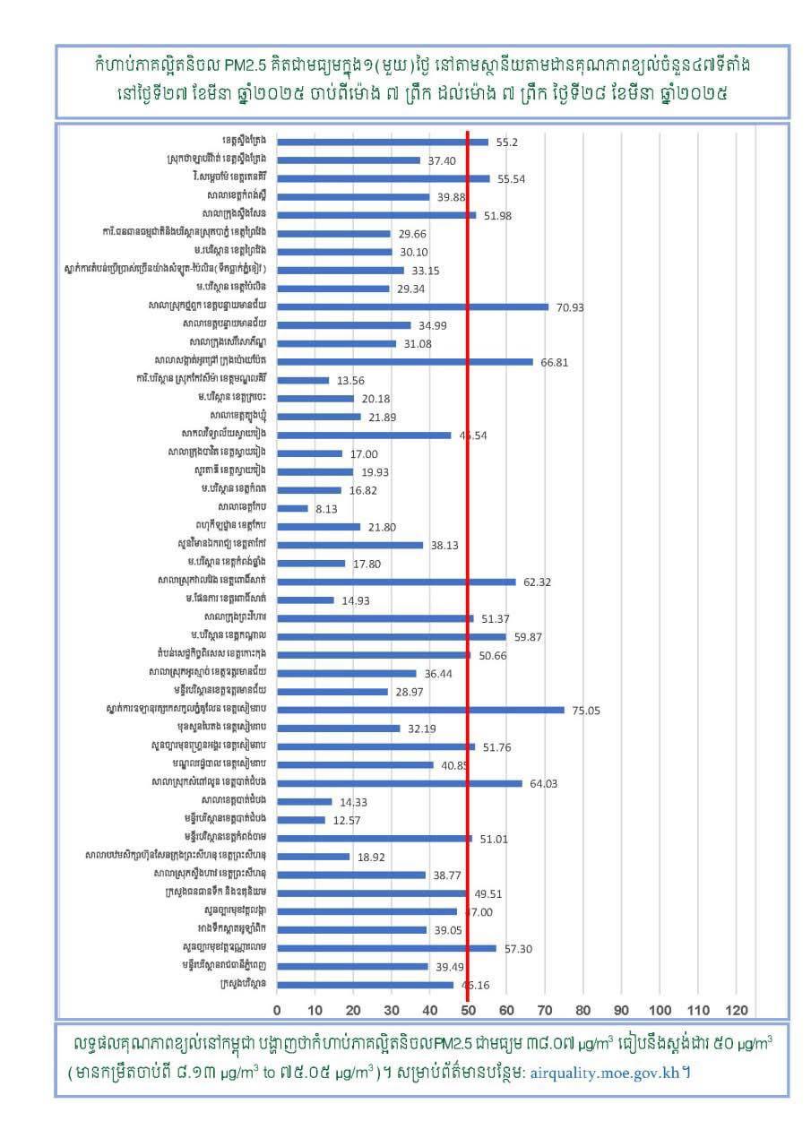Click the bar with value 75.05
click(421, 710)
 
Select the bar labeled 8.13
click(292, 508)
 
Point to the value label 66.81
click(554, 362)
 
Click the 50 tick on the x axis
click(468, 1011)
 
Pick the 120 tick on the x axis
click(736, 1011)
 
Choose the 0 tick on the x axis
click(277, 1011)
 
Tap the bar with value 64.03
click(400, 783)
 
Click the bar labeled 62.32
click(396, 582)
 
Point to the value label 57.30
click(518, 948)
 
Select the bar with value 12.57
click(301, 820)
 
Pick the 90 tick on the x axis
click(621, 1011)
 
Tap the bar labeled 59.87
click(392, 636)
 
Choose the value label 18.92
click(371, 857)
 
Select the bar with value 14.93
click(306, 599)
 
